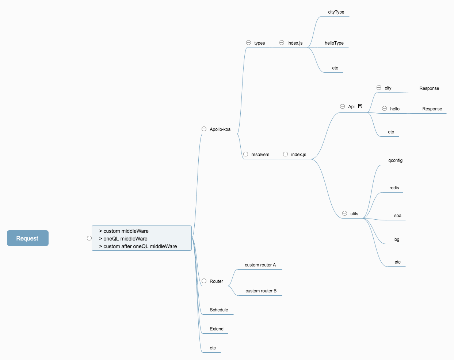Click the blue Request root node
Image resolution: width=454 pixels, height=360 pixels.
(28, 238)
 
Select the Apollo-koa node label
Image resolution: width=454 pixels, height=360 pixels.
(220, 129)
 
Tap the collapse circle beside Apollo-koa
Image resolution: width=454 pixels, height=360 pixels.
(204, 129)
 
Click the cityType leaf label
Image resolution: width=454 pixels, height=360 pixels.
(336, 12)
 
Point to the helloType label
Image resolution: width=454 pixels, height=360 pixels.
(334, 43)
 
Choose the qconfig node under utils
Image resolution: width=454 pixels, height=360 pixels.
(395, 160)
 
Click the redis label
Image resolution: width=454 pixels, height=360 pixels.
(394, 188)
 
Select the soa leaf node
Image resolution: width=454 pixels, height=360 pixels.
(398, 216)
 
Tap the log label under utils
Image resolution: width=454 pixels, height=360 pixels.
(396, 239)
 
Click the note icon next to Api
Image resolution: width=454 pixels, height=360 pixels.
(360, 106)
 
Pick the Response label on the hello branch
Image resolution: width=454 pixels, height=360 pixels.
(432, 109)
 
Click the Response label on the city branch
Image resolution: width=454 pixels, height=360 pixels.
(429, 88)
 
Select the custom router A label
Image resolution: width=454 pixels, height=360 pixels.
(260, 265)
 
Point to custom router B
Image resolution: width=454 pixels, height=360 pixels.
(261, 291)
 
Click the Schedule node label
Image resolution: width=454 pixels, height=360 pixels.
(219, 310)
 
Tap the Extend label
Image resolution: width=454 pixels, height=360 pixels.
(217, 329)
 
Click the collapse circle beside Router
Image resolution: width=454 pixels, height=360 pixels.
(204, 281)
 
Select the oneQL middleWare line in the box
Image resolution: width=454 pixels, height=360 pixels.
(125, 239)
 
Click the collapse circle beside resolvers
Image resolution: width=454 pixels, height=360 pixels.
(246, 154)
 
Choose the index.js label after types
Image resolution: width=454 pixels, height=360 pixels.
(295, 43)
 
